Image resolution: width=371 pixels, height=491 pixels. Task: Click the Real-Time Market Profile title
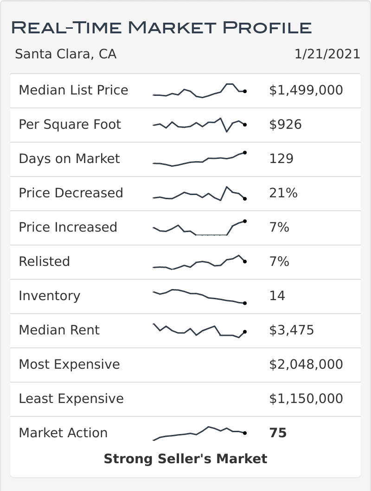tap(161, 27)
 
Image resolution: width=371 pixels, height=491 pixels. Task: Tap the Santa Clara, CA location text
tap(65, 54)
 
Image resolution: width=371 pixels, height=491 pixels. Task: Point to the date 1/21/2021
tap(327, 54)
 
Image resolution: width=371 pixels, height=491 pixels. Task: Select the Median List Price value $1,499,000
tap(306, 90)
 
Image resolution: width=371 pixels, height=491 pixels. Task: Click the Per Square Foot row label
tap(70, 124)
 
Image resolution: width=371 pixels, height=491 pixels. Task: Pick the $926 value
tap(285, 124)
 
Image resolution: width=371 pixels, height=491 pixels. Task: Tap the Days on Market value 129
tap(281, 158)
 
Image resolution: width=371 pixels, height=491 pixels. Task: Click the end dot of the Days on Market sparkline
tap(244, 152)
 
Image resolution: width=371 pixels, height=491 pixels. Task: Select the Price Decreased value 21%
tap(283, 193)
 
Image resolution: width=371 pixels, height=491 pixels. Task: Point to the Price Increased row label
tap(68, 227)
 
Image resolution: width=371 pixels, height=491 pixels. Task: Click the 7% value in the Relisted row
tap(279, 261)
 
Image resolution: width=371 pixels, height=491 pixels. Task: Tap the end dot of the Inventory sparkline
tap(244, 303)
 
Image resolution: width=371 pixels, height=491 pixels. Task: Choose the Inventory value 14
tap(277, 296)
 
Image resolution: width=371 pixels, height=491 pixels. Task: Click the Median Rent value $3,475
tap(291, 330)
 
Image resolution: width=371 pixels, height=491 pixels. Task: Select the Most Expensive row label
tap(69, 364)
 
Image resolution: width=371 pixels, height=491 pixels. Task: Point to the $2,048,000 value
tap(306, 364)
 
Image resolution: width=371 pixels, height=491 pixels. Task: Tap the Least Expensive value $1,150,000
tap(306, 398)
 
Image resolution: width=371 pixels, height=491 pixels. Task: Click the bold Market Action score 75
tap(278, 433)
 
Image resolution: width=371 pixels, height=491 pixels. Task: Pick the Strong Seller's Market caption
tap(185, 459)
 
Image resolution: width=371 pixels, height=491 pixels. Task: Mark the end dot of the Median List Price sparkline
tap(244, 91)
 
